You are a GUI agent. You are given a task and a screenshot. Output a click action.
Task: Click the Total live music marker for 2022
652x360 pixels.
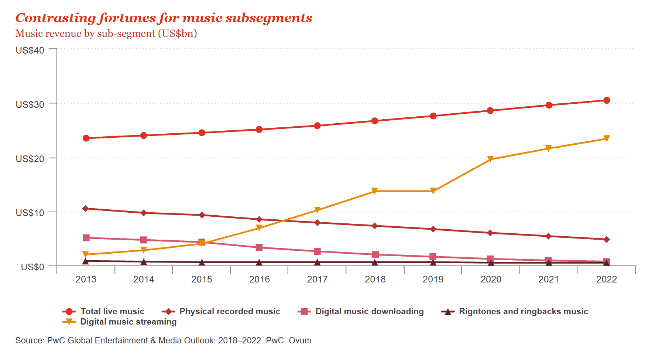[x=606, y=100]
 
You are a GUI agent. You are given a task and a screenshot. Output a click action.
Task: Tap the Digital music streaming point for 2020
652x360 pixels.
[x=490, y=159]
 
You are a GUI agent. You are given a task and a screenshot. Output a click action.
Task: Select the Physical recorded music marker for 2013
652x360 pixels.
[x=86, y=209]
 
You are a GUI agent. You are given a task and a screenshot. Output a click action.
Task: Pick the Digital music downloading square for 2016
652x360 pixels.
[x=259, y=247]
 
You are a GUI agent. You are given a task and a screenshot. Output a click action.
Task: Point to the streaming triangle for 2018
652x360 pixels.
[x=375, y=191]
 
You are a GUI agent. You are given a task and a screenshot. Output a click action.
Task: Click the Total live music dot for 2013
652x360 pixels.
[x=86, y=138]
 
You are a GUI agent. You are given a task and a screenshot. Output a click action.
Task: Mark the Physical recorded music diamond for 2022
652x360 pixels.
[x=606, y=240]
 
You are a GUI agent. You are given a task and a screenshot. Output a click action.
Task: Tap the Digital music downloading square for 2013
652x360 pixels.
[x=86, y=238]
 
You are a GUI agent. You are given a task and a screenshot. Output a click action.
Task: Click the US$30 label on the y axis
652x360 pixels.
[x=30, y=104]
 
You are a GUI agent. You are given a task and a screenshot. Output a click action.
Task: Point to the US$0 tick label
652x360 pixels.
[x=32, y=267]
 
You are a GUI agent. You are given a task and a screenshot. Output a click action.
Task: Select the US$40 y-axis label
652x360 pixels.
[x=30, y=50]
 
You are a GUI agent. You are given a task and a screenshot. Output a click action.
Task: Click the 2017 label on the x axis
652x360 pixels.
[x=317, y=280]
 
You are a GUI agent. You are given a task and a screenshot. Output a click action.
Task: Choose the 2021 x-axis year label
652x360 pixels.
[x=548, y=280]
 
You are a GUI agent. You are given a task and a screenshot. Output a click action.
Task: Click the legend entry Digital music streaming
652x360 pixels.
[x=128, y=322]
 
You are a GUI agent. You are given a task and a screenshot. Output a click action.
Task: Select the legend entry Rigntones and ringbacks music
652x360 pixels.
[x=523, y=312]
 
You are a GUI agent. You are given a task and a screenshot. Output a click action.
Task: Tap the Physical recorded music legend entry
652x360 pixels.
[x=230, y=312]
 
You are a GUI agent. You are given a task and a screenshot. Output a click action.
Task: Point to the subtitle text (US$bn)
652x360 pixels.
[x=177, y=34]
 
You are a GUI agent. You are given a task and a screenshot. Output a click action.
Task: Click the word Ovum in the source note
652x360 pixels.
[x=300, y=340]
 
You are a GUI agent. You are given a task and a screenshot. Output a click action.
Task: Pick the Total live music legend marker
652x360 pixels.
[x=69, y=312]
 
